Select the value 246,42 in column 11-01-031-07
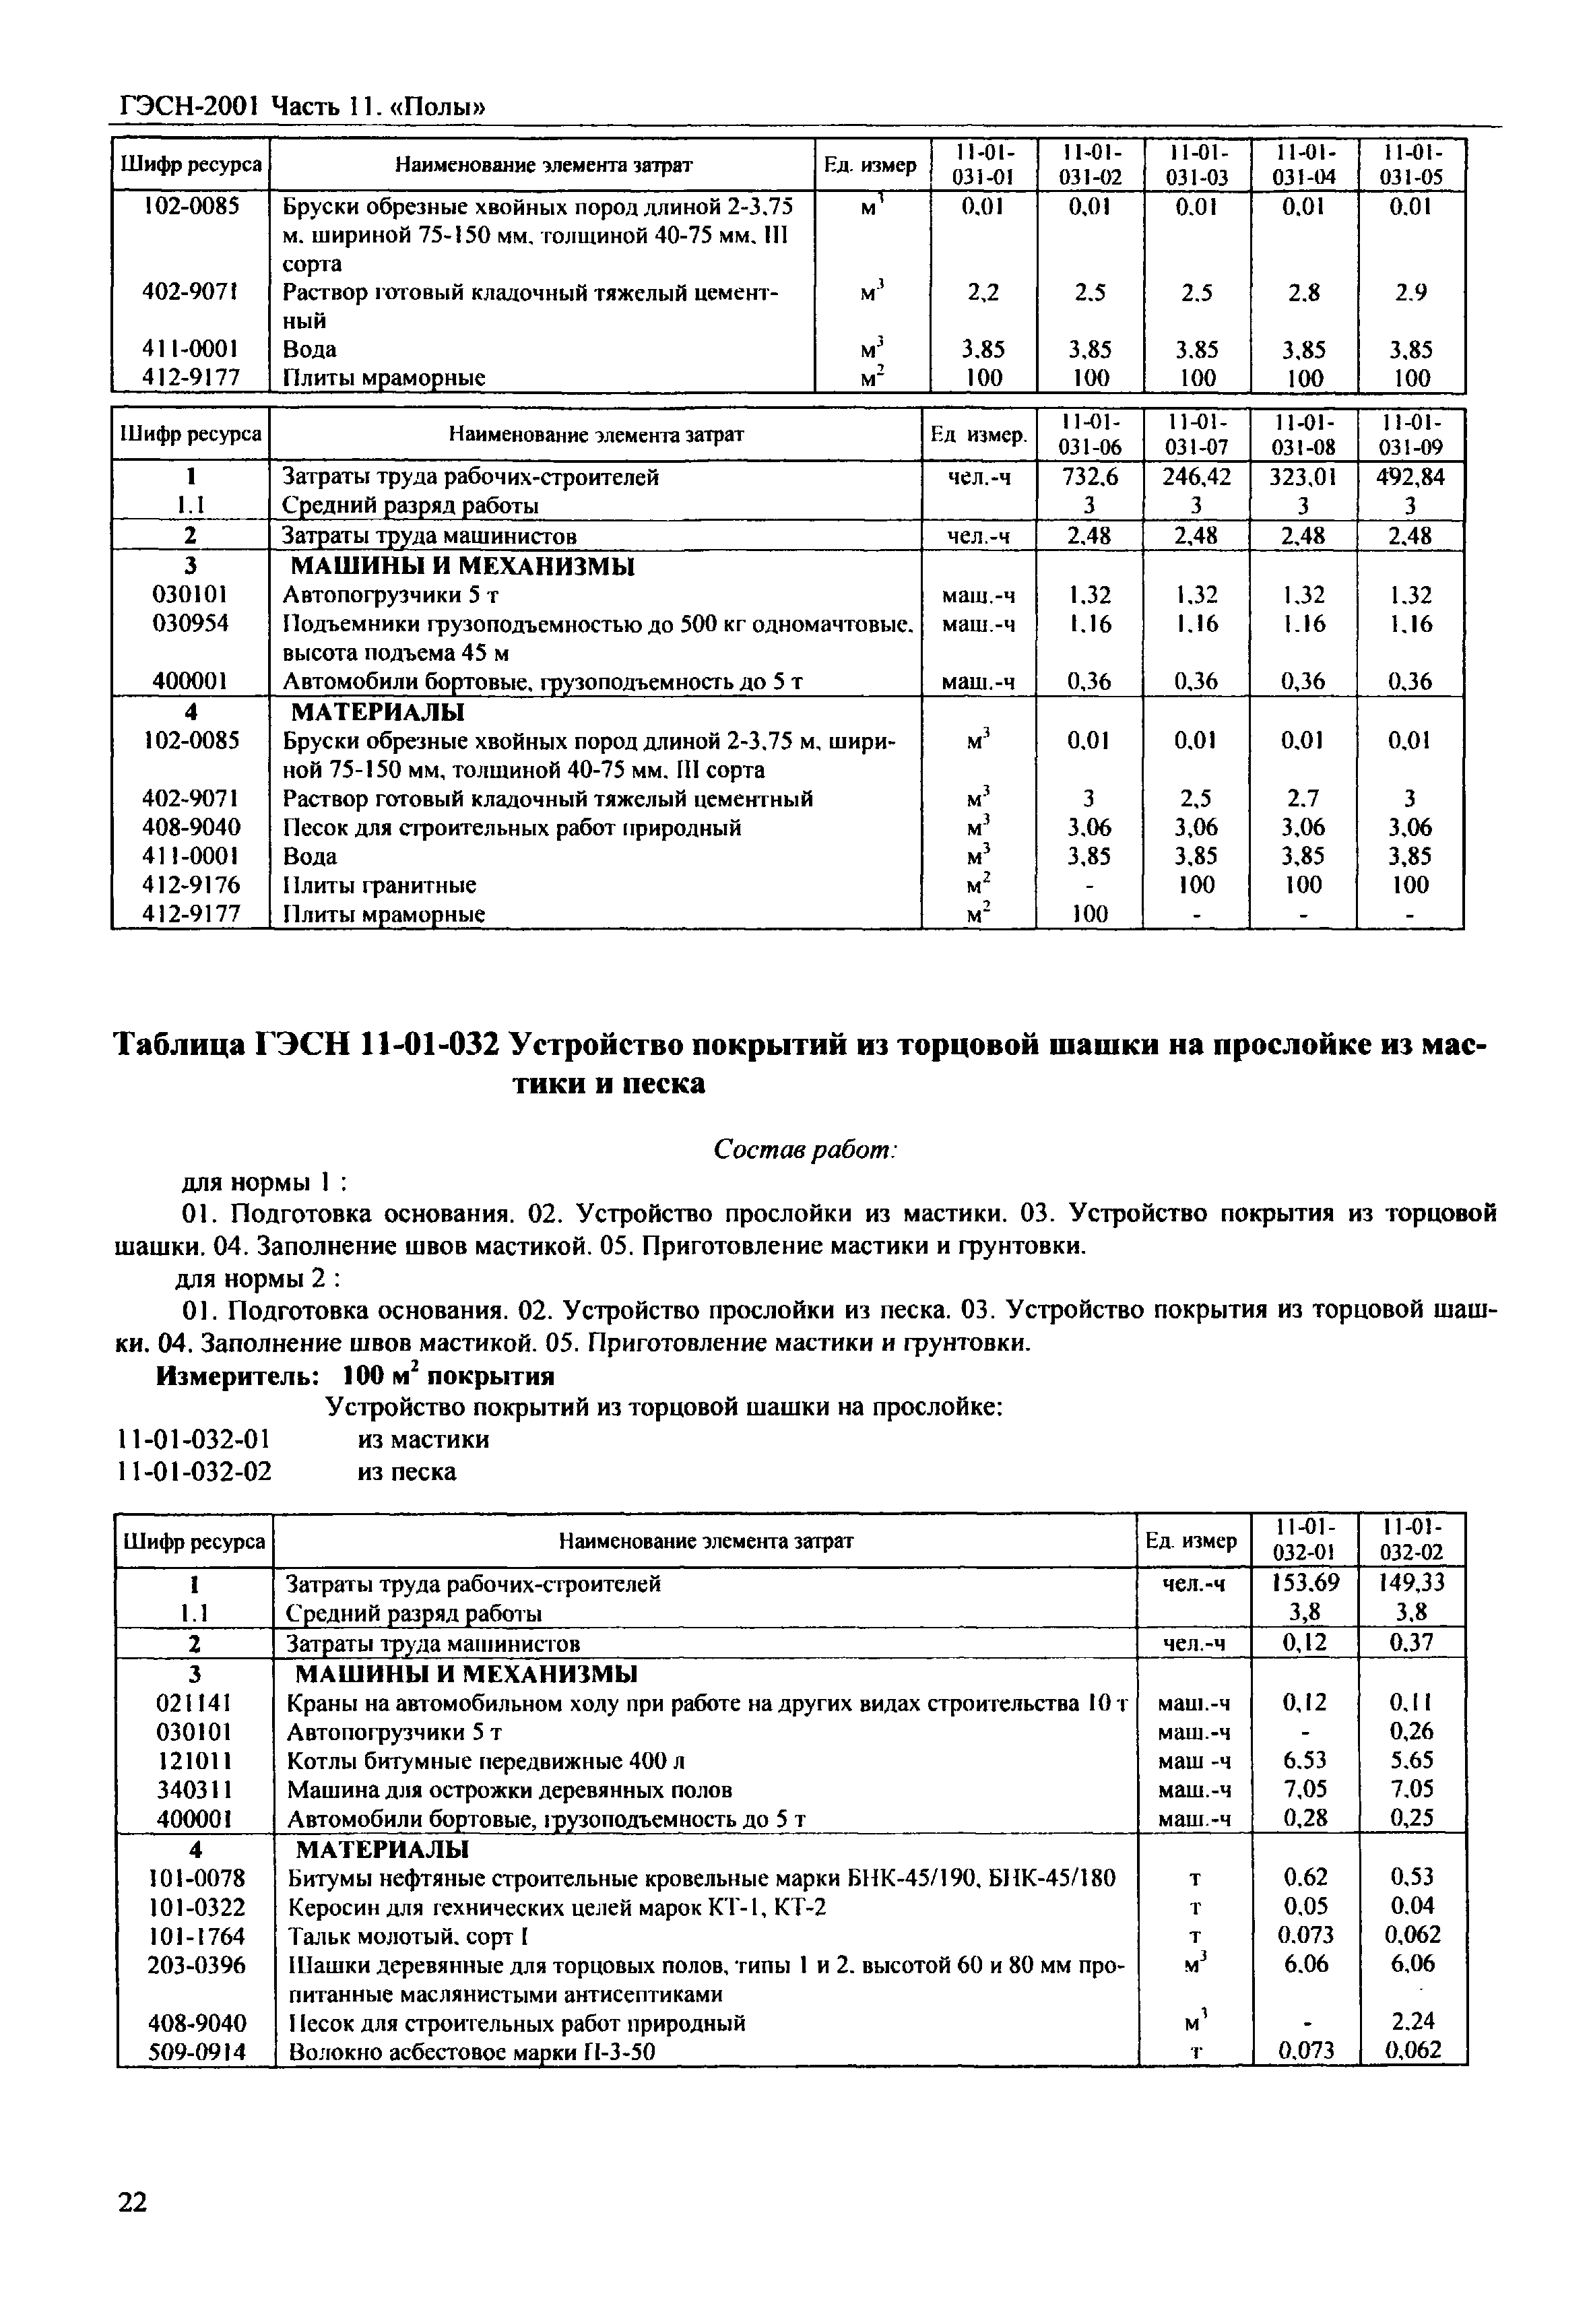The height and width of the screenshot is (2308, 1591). coord(1196,478)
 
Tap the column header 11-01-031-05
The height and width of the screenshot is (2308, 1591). coord(1412,164)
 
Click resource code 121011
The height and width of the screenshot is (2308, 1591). coord(195,1761)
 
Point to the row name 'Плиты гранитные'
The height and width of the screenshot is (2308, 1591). coord(380,885)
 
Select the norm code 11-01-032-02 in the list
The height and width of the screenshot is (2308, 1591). coord(195,1471)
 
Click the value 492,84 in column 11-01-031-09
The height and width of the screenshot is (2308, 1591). coord(1410,478)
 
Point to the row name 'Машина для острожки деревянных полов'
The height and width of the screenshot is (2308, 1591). coord(509,1789)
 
